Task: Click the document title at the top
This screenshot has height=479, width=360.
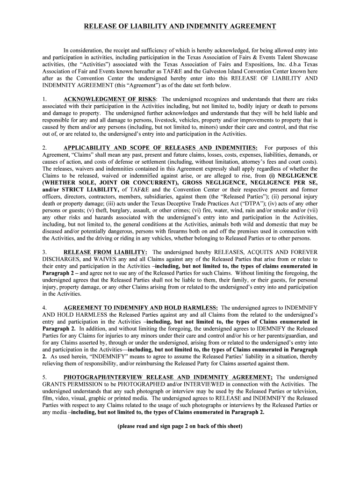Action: click(180, 26)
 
